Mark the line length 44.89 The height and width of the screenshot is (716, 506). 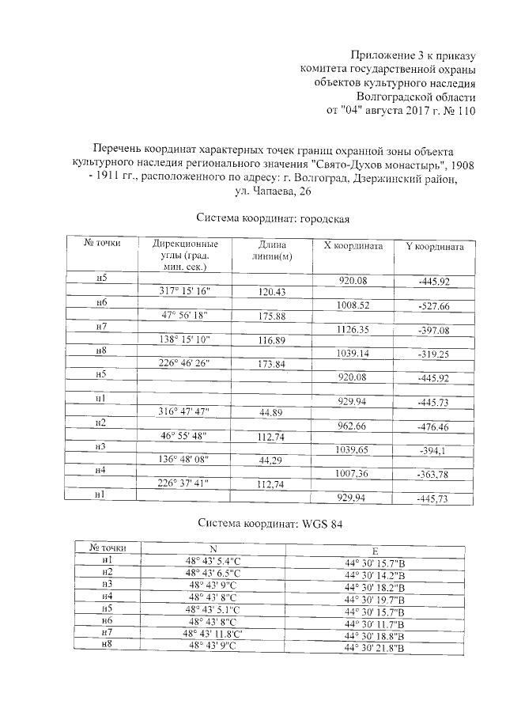click(x=272, y=411)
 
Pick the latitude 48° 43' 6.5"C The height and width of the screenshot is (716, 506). click(x=213, y=572)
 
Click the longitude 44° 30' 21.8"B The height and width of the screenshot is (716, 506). click(x=375, y=649)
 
